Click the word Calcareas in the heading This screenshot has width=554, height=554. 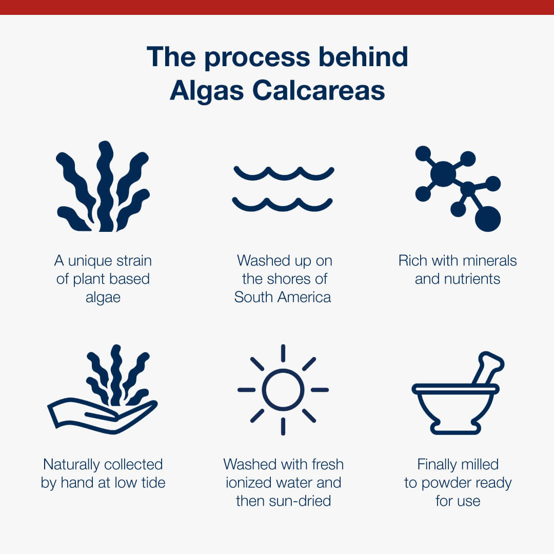pyautogui.click(x=319, y=90)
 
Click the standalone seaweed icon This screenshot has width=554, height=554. pyautogui.click(x=103, y=186)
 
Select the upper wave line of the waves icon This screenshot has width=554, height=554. pyautogui.click(x=284, y=173)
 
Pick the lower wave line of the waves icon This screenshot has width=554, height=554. pyautogui.click(x=282, y=204)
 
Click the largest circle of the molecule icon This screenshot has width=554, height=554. pyautogui.click(x=488, y=219)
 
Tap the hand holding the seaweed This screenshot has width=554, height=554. pyautogui.click(x=103, y=416)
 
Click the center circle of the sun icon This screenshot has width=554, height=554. pyautogui.click(x=283, y=390)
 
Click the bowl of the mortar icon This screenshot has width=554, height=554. pyautogui.click(x=456, y=409)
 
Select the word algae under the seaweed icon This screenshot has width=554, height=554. pyautogui.click(x=103, y=298)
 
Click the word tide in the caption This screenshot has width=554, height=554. pyautogui.click(x=153, y=483)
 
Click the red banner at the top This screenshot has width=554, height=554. pyautogui.click(x=277, y=7)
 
